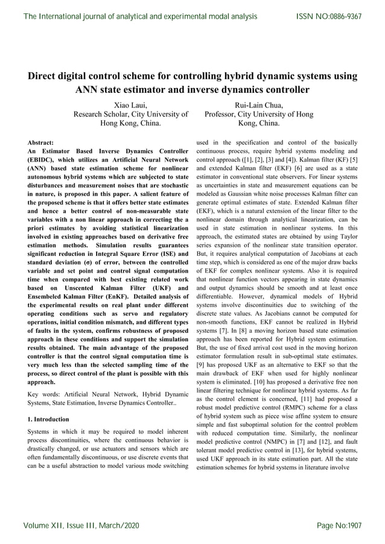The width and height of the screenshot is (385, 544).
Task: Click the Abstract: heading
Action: click(x=42, y=143)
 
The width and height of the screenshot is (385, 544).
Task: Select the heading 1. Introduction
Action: click(x=49, y=419)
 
